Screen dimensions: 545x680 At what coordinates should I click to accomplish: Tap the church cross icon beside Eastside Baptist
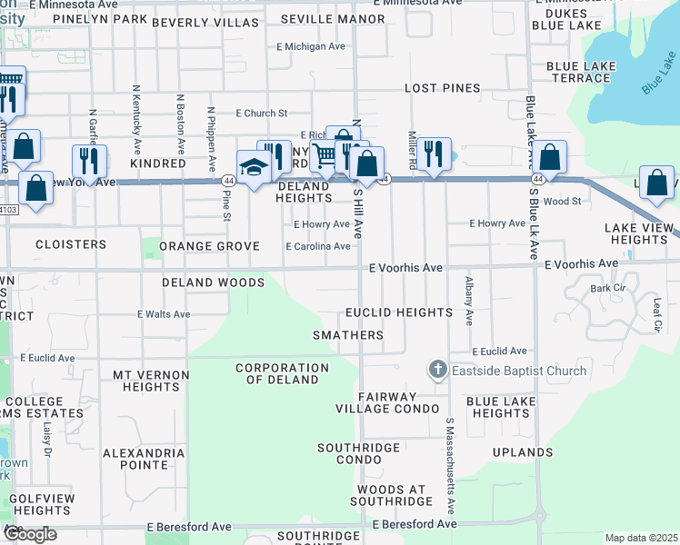(437, 370)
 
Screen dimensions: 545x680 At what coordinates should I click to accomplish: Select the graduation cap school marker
(253, 166)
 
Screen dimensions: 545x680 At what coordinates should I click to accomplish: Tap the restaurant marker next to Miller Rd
(435, 154)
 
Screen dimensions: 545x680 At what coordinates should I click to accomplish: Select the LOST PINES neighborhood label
(442, 88)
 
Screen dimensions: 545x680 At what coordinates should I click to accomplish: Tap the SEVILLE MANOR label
(319, 19)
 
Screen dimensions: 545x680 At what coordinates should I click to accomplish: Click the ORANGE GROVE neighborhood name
(209, 246)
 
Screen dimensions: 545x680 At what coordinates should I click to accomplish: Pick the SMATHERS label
(348, 335)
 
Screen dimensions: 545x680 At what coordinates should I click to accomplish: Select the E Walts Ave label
(164, 314)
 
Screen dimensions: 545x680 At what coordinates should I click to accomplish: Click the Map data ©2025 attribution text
(641, 538)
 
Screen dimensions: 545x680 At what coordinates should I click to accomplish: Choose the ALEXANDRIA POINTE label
(135, 458)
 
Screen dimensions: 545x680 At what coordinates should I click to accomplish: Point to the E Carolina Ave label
(317, 247)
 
